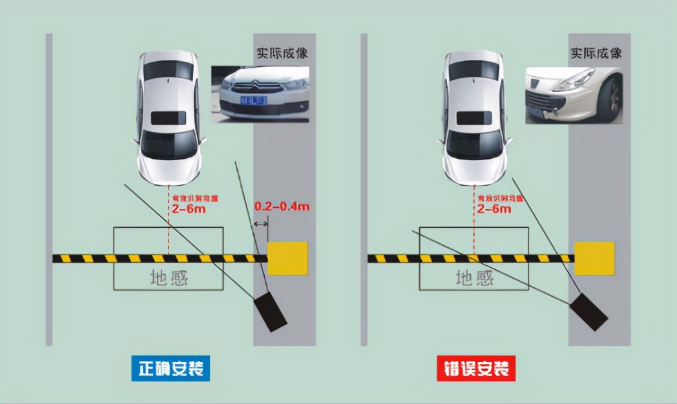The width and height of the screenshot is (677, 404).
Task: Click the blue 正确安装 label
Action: click(x=171, y=369)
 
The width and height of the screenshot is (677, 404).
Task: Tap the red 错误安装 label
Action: click(x=476, y=369)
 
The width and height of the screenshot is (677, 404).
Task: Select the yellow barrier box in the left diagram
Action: click(x=287, y=258)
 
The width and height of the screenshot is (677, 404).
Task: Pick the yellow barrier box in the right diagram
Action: click(x=594, y=258)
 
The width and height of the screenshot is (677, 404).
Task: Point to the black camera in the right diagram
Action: click(x=588, y=312)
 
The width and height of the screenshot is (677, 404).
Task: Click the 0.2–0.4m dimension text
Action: click(x=281, y=207)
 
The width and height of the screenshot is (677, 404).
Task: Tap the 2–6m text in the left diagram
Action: click(x=189, y=209)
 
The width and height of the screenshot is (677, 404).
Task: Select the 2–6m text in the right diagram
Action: click(x=494, y=209)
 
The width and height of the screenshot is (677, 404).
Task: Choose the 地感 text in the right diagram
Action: click(x=475, y=278)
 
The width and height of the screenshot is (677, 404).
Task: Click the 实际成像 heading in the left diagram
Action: click(x=282, y=53)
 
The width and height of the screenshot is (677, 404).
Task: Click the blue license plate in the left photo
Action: click(x=253, y=101)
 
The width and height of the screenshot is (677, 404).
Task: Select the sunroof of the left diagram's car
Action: click(x=168, y=118)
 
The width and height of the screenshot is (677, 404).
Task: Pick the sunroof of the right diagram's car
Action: click(x=474, y=118)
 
